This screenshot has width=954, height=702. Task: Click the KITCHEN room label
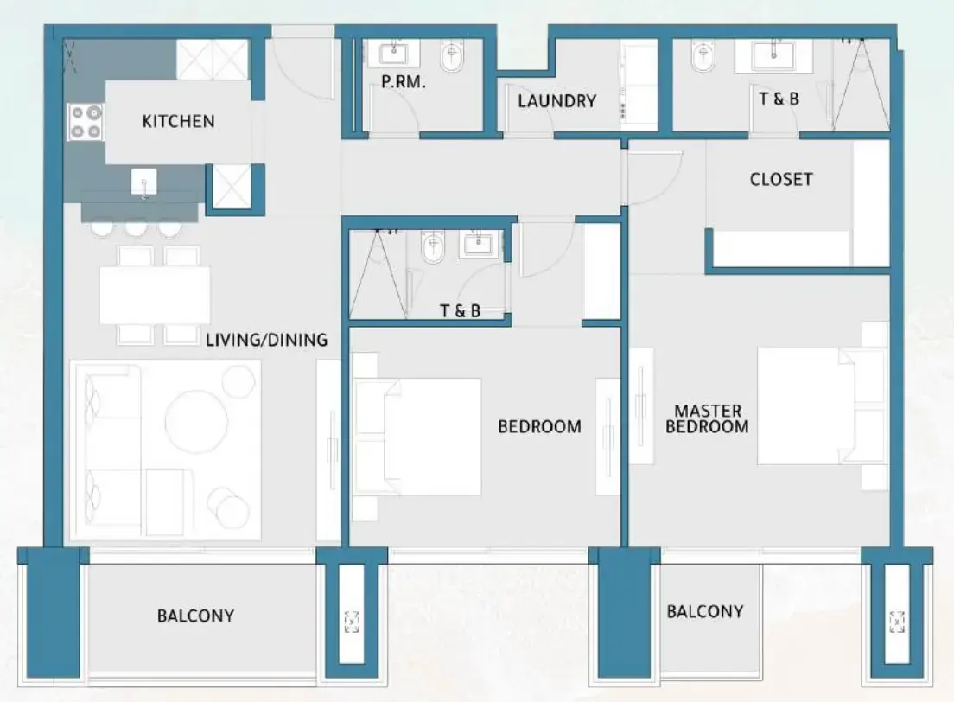tap(178, 121)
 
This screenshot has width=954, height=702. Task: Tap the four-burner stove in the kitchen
tap(86, 121)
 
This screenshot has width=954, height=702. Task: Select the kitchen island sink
tap(143, 182)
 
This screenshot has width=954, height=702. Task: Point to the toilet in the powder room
tap(452, 57)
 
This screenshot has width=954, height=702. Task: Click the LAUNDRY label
tap(557, 101)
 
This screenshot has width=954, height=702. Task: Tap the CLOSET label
tap(781, 179)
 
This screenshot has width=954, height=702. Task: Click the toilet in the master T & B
tap(703, 57)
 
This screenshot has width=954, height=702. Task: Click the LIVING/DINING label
tap(266, 340)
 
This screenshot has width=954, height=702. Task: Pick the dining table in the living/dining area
tap(156, 295)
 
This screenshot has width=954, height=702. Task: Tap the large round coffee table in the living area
tap(197, 421)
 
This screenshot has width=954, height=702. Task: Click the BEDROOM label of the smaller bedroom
tap(539, 426)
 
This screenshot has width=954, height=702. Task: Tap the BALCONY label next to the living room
tap(195, 616)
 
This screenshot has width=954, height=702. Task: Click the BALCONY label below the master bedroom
tap(704, 611)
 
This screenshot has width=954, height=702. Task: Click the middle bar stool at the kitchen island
tap(136, 227)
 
